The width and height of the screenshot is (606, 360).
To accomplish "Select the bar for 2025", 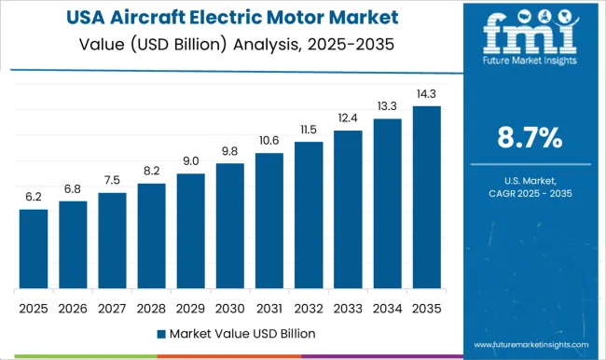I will click(x=34, y=248).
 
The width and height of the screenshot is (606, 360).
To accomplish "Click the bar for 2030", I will click(x=229, y=226).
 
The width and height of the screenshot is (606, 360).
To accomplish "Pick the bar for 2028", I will click(x=151, y=235).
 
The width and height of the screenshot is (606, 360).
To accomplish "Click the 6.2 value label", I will click(x=34, y=198).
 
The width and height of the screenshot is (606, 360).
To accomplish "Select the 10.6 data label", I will click(x=269, y=141).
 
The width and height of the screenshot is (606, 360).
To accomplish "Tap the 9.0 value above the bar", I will click(x=190, y=161).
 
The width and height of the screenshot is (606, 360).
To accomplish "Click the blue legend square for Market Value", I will click(x=161, y=333).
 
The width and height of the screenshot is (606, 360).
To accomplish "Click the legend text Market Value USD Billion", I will click(x=242, y=333).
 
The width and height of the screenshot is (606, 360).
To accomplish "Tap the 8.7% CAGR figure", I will click(x=529, y=139).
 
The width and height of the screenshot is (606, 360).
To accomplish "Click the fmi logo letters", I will click(x=529, y=37).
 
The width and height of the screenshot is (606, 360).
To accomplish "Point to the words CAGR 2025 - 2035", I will click(x=529, y=193).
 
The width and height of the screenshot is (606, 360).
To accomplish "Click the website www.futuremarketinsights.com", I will click(x=529, y=341).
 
